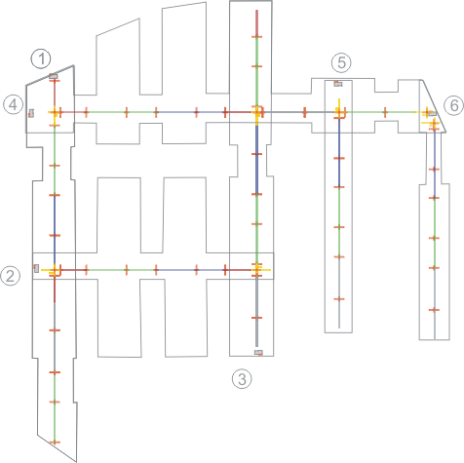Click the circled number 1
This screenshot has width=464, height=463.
tap(41, 59)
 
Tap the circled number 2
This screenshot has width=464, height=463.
tap(11, 276)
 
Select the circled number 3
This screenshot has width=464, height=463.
tap(242, 379)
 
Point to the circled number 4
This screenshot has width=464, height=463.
tap(13, 104)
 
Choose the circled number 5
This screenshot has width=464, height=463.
tap(341, 62)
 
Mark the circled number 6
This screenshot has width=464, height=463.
tap(454, 105)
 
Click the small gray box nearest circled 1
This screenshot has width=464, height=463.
tap(53, 76)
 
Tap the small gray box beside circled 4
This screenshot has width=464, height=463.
tap(31, 113)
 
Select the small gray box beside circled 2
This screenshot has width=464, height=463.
tap(36, 268)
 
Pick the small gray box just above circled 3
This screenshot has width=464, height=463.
tap(258, 353)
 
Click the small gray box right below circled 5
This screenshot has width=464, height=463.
tap(338, 84)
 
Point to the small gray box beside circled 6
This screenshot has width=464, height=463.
tap(432, 113)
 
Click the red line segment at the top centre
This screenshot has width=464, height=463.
tap(256, 23)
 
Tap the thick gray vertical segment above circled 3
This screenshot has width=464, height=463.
tap(256, 312)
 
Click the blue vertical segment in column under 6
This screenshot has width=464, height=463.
tap(435, 164)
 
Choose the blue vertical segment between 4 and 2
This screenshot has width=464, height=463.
tap(55, 229)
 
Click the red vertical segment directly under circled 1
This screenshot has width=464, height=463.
tap(55, 94)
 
